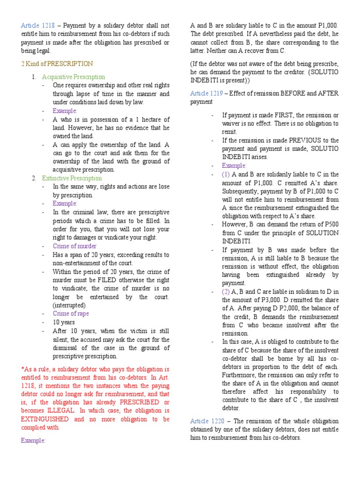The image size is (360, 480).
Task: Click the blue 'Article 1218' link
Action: (39, 25)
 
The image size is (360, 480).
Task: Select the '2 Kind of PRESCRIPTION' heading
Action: (57, 64)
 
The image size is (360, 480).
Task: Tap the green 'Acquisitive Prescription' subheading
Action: (74, 77)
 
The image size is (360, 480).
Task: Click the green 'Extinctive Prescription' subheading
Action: (72, 178)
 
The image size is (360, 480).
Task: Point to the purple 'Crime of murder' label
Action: (75, 246)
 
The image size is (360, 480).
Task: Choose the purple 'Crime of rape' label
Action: (71, 314)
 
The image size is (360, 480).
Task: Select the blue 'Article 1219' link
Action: (206, 93)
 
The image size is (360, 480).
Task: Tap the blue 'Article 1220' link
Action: (206, 421)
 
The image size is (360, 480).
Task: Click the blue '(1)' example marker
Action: (226, 174)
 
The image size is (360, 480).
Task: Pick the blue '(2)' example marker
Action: (226, 292)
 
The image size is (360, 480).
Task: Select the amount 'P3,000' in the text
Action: (262, 300)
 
